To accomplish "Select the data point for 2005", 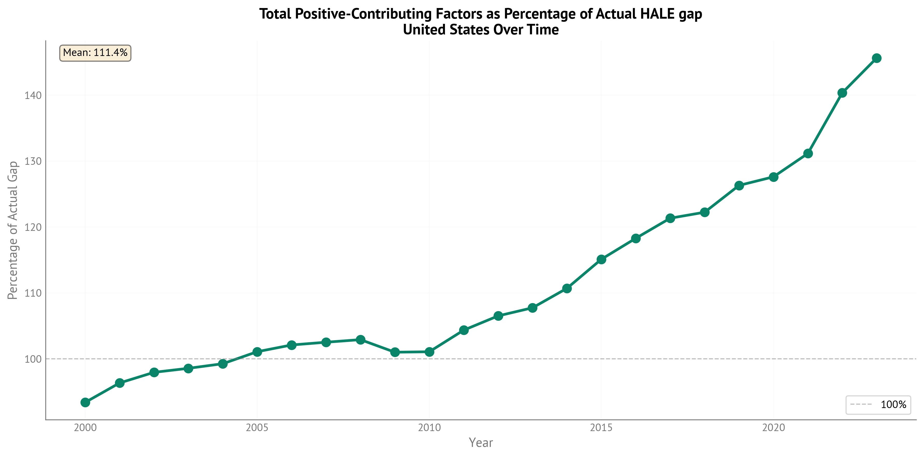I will (x=257, y=352).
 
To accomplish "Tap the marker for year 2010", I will (x=429, y=352).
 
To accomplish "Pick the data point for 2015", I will (x=602, y=259).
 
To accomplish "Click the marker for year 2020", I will (x=774, y=177).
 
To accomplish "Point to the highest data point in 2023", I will (x=877, y=58).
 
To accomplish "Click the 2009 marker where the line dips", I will (x=395, y=352).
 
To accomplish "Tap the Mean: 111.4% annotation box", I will (x=95, y=53).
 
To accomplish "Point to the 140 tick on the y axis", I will (x=33, y=95).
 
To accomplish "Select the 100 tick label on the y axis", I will (x=33, y=359).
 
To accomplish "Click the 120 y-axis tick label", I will (x=33, y=227).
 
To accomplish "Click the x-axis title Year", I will (x=481, y=443).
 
